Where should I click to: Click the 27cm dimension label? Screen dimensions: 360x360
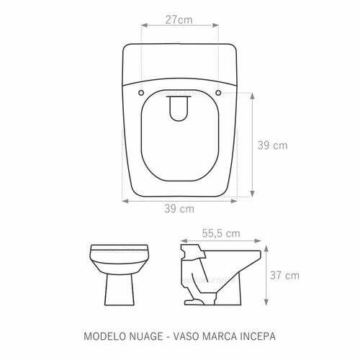point(179,19)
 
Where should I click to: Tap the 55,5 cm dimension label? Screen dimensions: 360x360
point(221,233)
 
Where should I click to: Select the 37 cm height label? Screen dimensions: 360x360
point(285,275)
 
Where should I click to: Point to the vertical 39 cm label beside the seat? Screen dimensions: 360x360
point(272,145)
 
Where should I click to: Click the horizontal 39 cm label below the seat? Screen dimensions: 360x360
point(179,209)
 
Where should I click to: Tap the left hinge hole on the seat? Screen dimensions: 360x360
point(141,93)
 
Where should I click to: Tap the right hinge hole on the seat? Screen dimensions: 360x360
point(218,93)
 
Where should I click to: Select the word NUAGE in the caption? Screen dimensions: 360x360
point(146,336)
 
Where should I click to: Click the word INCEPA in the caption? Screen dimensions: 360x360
point(258,336)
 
